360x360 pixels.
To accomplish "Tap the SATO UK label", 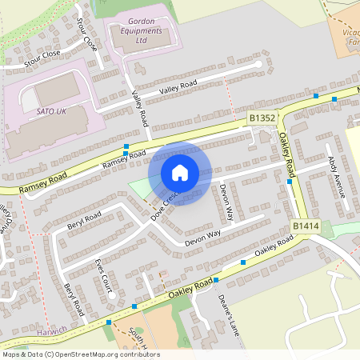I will pos(50,110).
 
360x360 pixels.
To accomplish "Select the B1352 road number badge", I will pos(262,118).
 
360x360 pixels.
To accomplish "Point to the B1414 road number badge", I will pos(305,226).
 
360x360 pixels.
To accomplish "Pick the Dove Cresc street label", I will pos(164,201).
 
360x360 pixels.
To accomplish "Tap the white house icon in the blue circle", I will pos(180,173).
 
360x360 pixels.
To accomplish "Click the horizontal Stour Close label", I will pos(42,54).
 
